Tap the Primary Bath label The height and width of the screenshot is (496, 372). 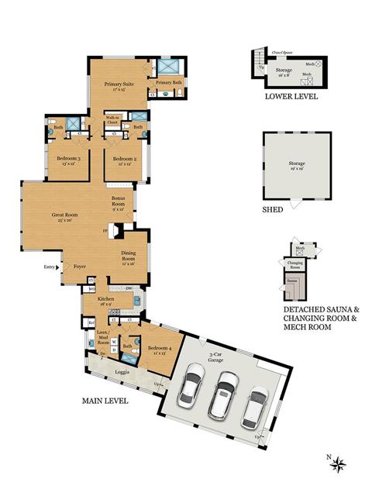tap(167, 82)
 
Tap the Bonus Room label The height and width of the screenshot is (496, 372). tap(118, 201)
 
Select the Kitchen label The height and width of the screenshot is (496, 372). tap(105, 300)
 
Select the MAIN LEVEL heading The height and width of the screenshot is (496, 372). tap(105, 401)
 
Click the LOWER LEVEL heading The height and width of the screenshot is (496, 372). tap(291, 98)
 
